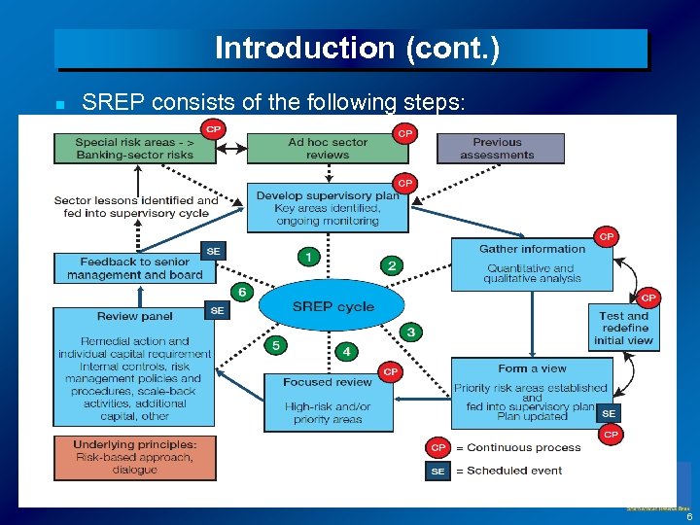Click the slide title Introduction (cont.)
pos(357,49)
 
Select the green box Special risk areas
pos(133,148)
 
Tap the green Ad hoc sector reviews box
pos(327,148)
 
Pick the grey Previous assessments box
pos(500,148)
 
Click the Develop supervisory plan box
pos(327,207)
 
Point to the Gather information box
pos(532,263)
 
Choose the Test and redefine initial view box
pos(623,328)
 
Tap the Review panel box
pos(133,367)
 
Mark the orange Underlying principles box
pos(134,457)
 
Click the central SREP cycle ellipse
pos(333,306)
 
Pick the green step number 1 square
pos(308,257)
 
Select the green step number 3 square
pos(411,332)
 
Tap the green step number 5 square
pos(276,345)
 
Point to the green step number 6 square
pos(241,292)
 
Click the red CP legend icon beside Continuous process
pos(438,448)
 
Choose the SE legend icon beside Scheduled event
pos(438,471)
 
